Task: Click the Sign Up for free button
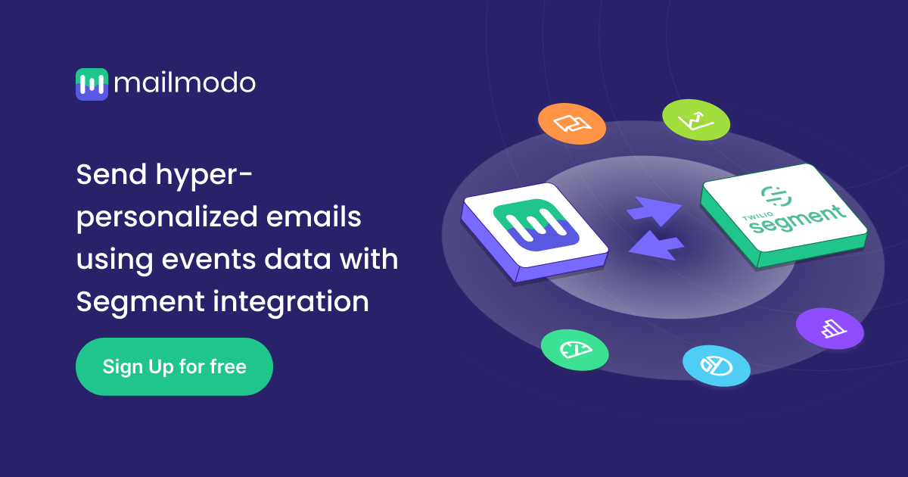174,367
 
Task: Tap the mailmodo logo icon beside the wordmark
92,84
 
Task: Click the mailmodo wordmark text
185,83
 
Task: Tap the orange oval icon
571,123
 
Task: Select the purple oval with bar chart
829,328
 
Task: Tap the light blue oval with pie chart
716,366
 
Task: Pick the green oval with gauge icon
574,349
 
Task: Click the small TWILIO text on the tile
753,221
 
